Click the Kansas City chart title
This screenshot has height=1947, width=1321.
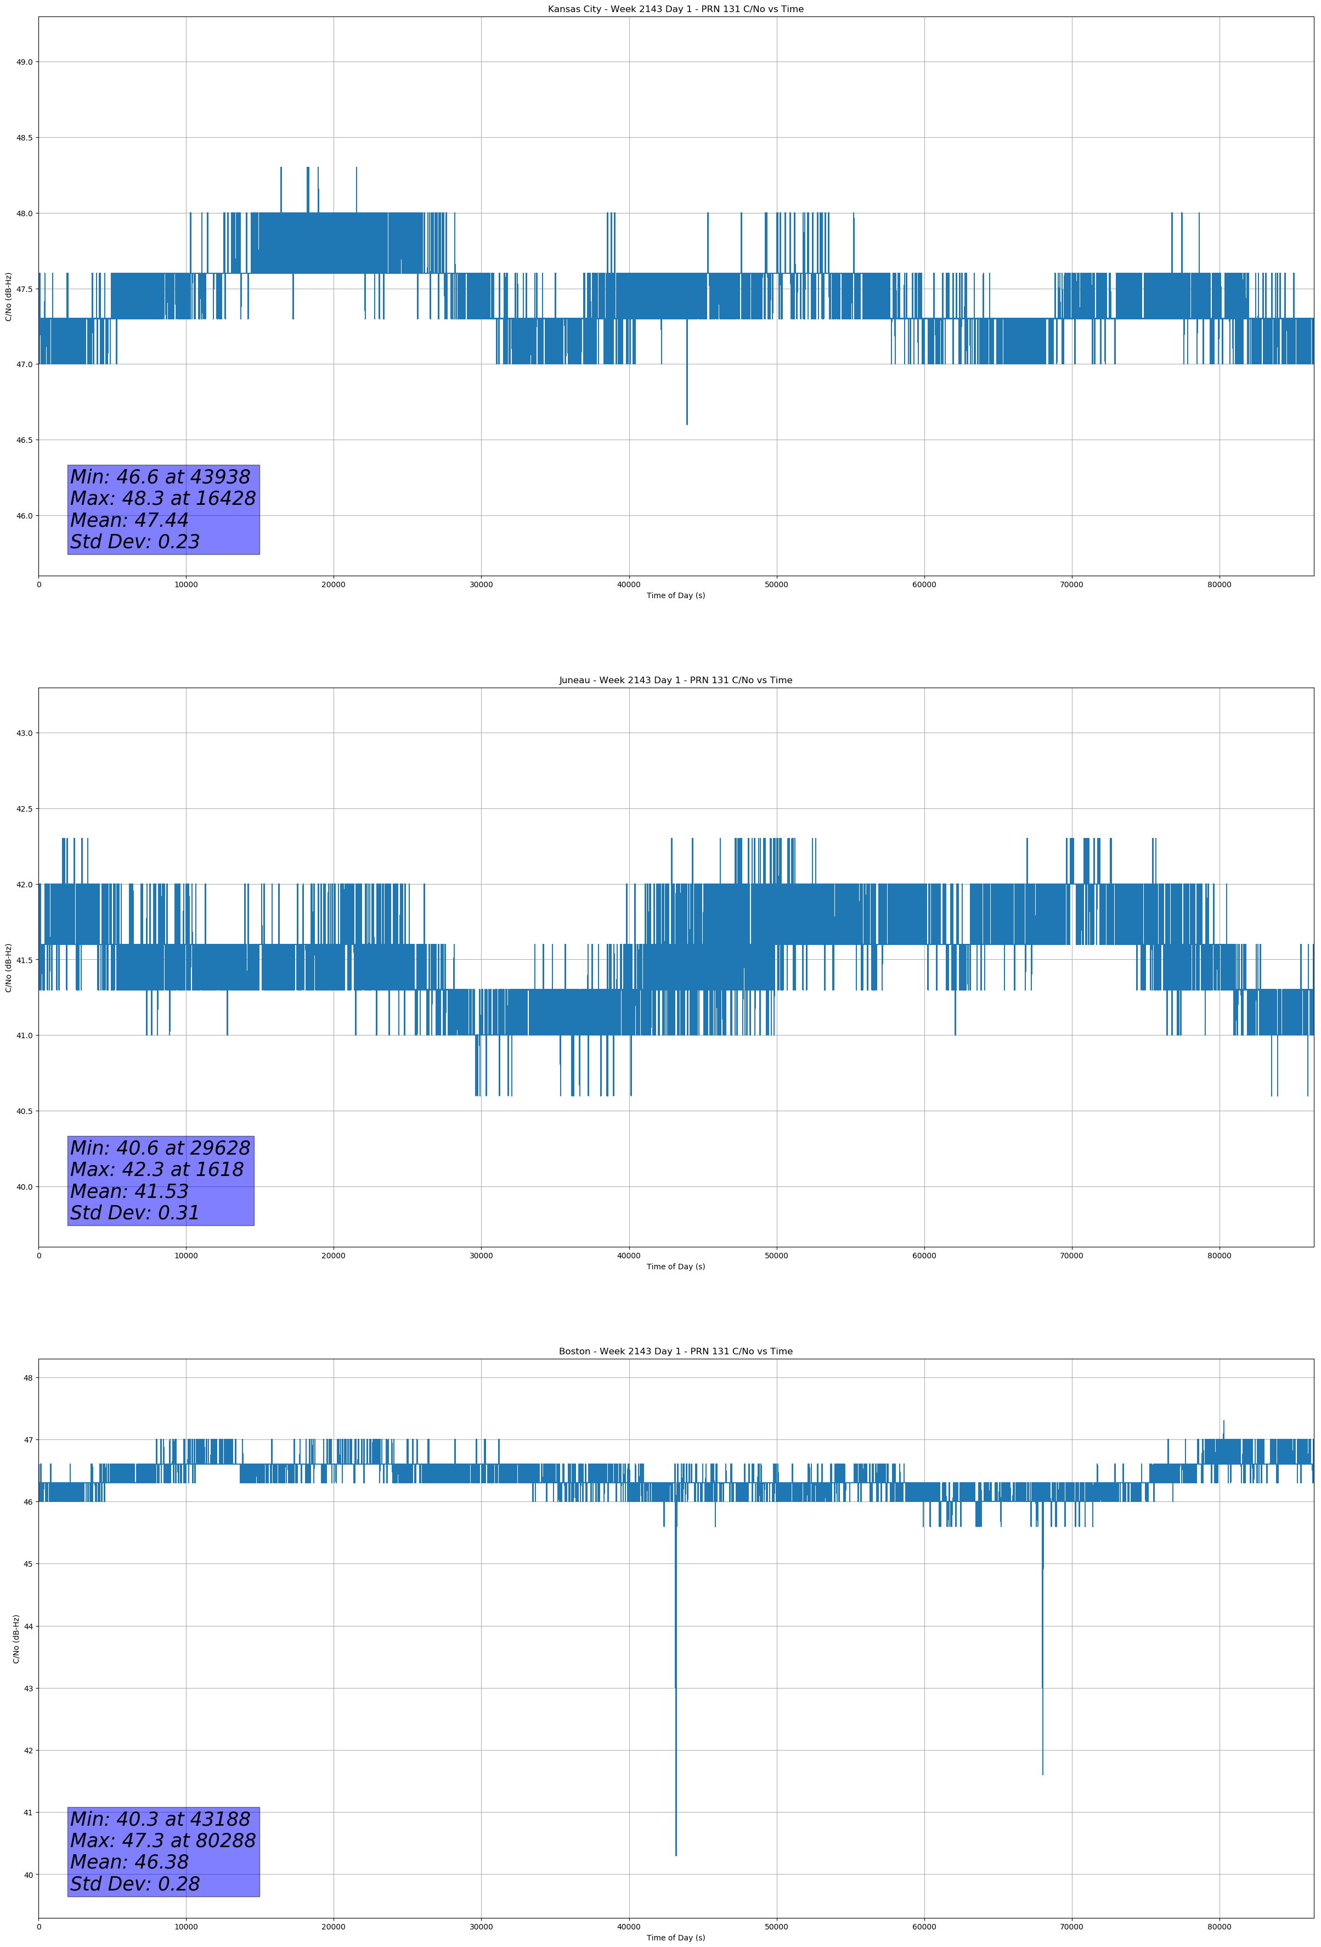tap(675, 9)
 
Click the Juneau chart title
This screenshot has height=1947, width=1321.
tap(675, 680)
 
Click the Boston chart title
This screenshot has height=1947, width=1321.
tap(675, 1352)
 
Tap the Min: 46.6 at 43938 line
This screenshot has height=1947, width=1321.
tap(160, 477)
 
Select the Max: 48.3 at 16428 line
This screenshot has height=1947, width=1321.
tap(162, 498)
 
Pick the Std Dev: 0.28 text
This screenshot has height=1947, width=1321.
tap(135, 1884)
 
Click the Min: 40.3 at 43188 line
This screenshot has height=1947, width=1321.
tap(160, 1819)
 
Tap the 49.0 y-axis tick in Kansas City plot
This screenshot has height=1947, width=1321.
tap(24, 62)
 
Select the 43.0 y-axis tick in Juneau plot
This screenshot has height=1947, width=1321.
tap(24, 733)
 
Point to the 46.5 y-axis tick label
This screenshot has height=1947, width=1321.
tap(24, 440)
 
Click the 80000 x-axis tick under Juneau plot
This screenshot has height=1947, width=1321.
tap(1219, 1256)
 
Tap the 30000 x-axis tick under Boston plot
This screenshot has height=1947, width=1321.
tap(481, 1927)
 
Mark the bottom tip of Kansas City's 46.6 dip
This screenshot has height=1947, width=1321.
tap(687, 424)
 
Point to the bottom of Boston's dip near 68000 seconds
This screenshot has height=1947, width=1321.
tap(1042, 1774)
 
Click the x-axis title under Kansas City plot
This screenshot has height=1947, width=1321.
tap(675, 595)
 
